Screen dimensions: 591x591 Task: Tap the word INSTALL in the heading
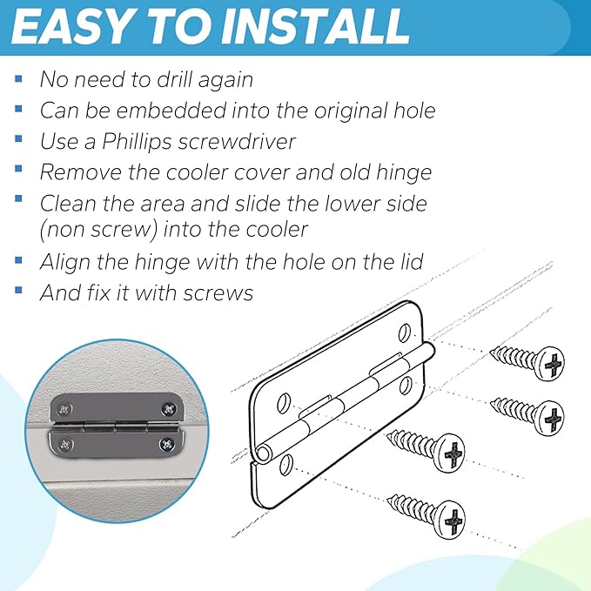coord(315,27)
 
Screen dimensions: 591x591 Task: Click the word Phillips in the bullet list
coord(137,142)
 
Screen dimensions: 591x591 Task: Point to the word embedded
coord(155,111)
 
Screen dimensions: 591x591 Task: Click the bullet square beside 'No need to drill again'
coord(18,79)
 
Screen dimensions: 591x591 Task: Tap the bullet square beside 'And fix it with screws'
coord(18,290)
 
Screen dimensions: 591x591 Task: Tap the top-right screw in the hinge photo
coord(169,408)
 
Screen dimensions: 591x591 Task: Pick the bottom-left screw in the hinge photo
coord(65,445)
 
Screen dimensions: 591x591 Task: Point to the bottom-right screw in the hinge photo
coord(166,445)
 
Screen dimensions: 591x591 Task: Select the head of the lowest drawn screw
coord(450,520)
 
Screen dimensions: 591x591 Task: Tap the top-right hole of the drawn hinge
coord(404,332)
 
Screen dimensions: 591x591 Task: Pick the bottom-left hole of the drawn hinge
coord(286,465)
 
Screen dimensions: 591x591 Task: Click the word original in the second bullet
coord(352,111)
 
